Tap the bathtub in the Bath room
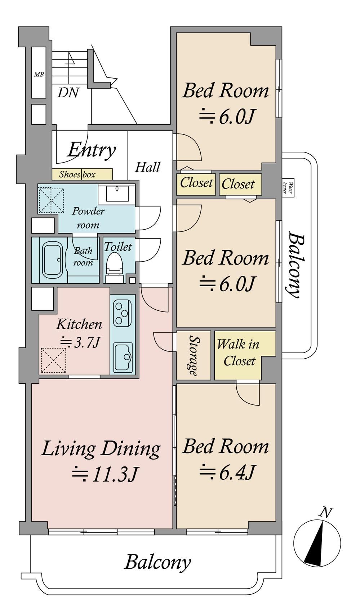(x=53, y=259)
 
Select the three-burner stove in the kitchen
(x=122, y=313)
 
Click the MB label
(x=39, y=74)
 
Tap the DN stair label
(x=68, y=93)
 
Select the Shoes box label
(x=77, y=174)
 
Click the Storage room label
(x=194, y=355)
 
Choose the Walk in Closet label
(x=238, y=353)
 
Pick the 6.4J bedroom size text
(x=227, y=472)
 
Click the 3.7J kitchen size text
(x=79, y=342)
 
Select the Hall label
(x=147, y=167)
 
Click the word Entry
(x=92, y=150)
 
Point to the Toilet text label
(x=118, y=247)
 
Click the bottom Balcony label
(x=157, y=563)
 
